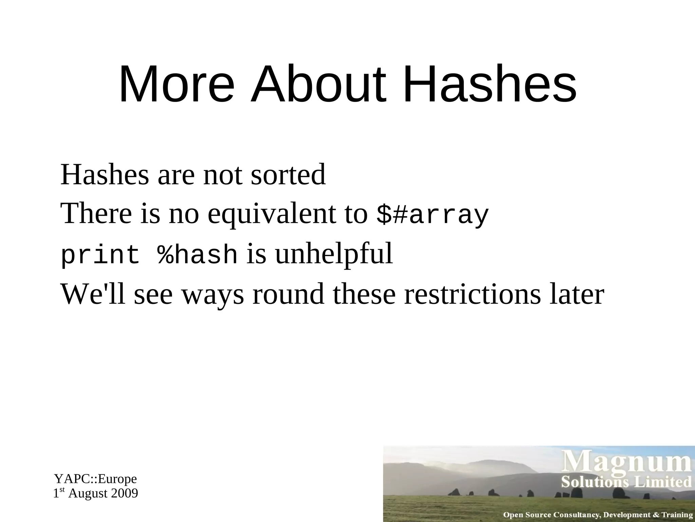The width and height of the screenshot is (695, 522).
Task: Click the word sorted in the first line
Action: click(x=288, y=175)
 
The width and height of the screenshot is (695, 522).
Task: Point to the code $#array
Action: click(x=433, y=215)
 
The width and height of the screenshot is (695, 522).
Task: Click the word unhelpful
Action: click(x=334, y=255)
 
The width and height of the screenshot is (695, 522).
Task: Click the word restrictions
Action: click(x=472, y=294)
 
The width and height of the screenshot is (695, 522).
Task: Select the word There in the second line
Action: click(x=96, y=214)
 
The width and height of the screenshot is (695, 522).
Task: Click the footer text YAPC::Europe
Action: click(x=96, y=479)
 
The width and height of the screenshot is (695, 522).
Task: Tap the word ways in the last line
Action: click(x=213, y=294)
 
